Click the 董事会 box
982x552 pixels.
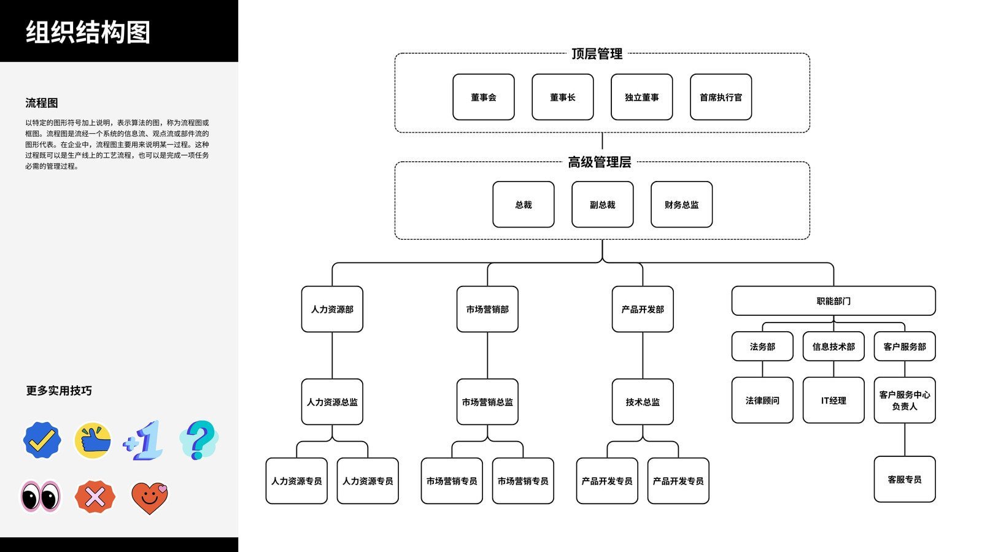(x=483, y=97)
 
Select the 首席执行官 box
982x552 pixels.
(x=721, y=97)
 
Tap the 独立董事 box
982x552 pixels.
(x=641, y=97)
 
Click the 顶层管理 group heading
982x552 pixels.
(x=597, y=54)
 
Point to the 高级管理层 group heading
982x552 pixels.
(x=599, y=162)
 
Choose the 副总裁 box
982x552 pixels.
(x=602, y=204)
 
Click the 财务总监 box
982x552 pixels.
(x=681, y=204)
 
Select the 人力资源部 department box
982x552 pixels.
(x=332, y=309)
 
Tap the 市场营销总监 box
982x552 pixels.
(x=487, y=402)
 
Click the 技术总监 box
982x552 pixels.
(x=643, y=402)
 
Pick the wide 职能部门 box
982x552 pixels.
(x=833, y=301)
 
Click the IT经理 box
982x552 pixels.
(x=833, y=400)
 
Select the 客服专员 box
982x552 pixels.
(x=904, y=479)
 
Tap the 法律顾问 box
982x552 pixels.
(x=762, y=400)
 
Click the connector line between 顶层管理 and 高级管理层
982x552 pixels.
(x=602, y=141)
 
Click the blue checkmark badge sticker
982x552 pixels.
(x=42, y=440)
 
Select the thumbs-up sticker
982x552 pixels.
(x=93, y=440)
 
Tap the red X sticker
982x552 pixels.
(x=95, y=497)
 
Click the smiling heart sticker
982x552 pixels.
(x=149, y=497)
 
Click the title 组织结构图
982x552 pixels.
(x=88, y=32)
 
